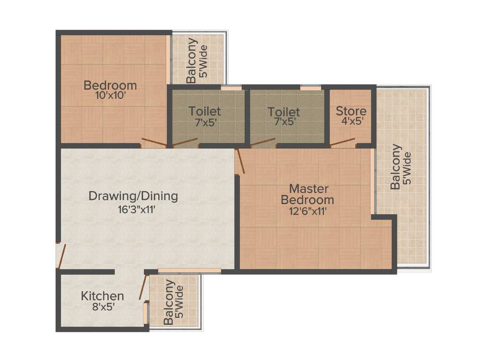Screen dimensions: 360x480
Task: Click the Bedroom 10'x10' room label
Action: (110, 86)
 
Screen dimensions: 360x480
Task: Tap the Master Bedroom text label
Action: (307, 194)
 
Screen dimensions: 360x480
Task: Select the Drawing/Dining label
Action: (133, 196)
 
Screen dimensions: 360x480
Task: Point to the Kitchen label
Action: (102, 296)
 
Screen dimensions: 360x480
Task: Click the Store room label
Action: (351, 111)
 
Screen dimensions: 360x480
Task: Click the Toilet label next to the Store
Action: (284, 112)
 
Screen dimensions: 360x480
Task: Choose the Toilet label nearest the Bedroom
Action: (204, 112)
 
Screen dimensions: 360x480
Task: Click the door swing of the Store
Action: (342, 142)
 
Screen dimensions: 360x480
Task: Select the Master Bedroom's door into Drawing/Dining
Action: (240, 162)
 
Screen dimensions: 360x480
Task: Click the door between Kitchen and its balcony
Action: (143, 287)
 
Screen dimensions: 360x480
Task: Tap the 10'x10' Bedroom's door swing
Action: (154, 142)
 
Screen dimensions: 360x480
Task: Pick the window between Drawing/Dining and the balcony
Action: (189, 271)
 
